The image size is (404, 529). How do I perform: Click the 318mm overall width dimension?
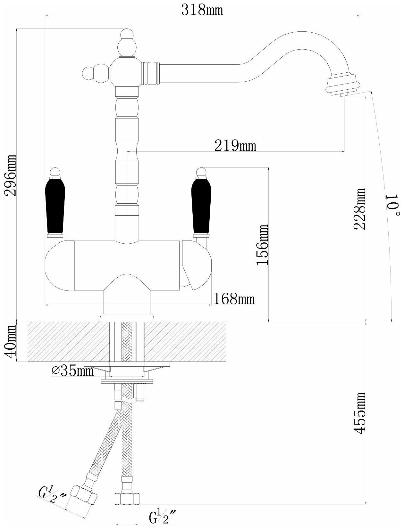click(202, 10)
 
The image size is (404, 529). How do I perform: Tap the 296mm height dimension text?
click(11, 175)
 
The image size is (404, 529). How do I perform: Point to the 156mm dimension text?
click(262, 245)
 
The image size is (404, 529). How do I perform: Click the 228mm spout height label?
click(360, 209)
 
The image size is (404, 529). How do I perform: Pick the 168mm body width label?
click(234, 299)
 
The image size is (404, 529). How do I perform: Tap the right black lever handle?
click(201, 206)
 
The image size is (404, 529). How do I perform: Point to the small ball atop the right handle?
click(201, 172)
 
